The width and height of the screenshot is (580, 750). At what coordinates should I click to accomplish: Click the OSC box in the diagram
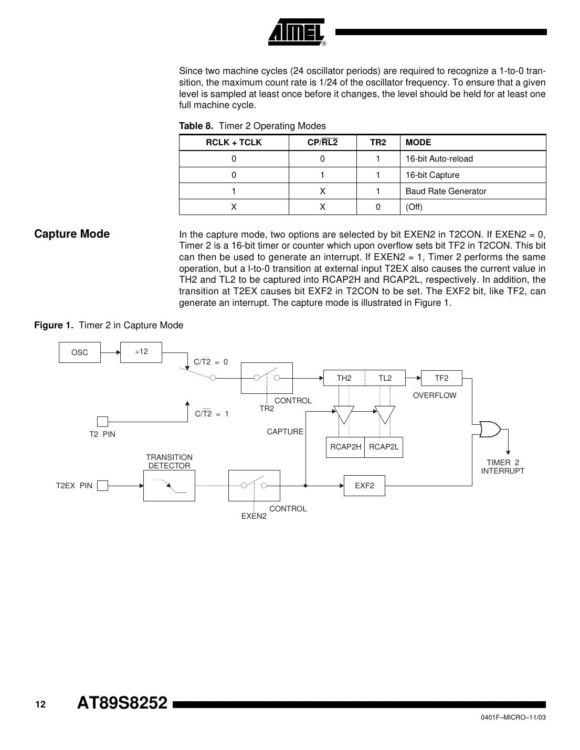pos(80,352)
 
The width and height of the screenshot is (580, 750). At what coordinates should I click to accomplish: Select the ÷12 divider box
pos(141,352)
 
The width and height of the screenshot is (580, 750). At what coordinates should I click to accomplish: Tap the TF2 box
pos(441,378)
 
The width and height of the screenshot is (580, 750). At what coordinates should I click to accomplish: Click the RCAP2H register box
pos(345,447)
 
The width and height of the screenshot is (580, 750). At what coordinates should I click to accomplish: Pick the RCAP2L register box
pos(384,447)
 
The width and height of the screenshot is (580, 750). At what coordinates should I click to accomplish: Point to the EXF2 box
pos(364,486)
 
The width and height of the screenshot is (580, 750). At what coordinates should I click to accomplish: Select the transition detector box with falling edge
pos(169,486)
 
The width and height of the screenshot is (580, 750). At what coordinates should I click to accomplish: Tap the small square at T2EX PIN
pos(103,486)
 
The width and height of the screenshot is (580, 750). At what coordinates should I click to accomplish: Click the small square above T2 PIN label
pos(103,422)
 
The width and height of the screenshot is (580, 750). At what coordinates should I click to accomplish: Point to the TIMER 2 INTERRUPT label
pos(502,467)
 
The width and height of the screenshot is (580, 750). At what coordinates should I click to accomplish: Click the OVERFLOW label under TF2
pos(435,395)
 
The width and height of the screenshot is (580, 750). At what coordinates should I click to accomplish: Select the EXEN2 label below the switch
pos(254,516)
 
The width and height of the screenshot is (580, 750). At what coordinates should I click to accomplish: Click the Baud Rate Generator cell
pos(446,191)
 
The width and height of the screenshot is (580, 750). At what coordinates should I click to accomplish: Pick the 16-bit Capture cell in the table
pos(432,175)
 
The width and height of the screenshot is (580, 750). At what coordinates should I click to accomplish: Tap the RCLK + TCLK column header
pos(234,143)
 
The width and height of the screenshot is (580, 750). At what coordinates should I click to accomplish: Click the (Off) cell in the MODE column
pos(414,207)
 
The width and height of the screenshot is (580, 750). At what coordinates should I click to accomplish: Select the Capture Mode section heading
pos(72,234)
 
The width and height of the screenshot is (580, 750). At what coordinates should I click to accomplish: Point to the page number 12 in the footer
pos(40,704)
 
